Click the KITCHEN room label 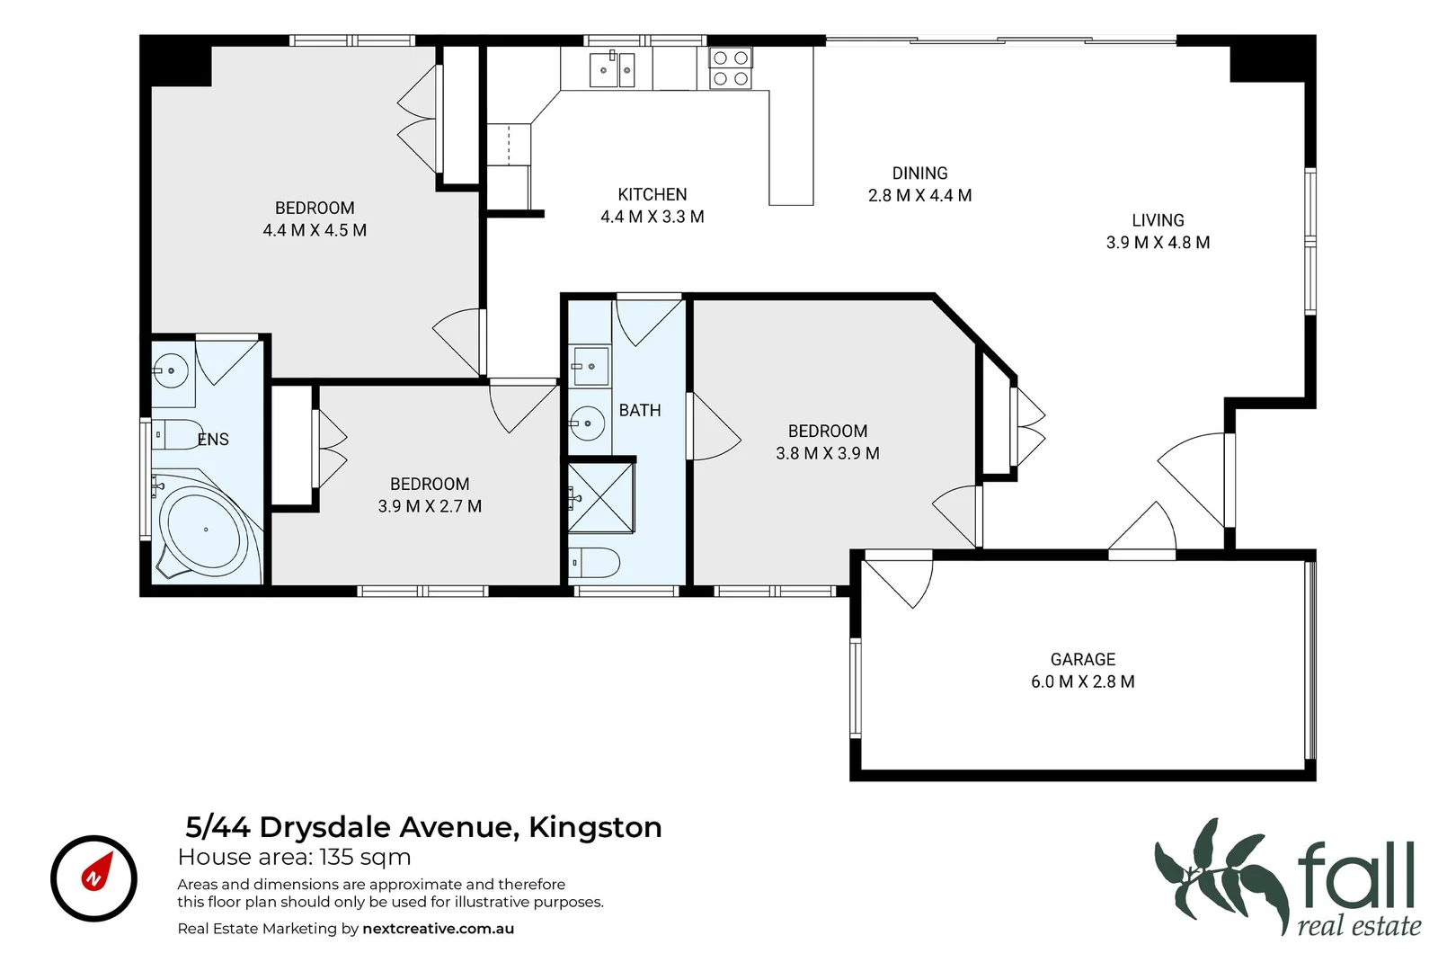652,194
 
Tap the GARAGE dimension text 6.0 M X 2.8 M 1082,681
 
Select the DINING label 919,173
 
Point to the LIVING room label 1158,220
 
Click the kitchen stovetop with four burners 730,68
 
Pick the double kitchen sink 612,70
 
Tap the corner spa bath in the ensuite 204,530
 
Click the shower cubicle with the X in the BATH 600,497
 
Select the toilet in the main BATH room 595,564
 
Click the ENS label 213,439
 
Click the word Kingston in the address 595,827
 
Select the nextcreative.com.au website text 438,929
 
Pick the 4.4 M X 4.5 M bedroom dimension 315,230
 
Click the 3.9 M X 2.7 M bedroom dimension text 430,506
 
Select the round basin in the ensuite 170,370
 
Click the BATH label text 639,410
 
